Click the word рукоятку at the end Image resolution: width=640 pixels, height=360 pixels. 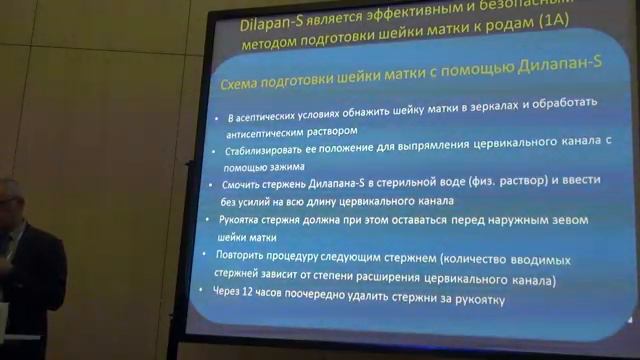[479, 299]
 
